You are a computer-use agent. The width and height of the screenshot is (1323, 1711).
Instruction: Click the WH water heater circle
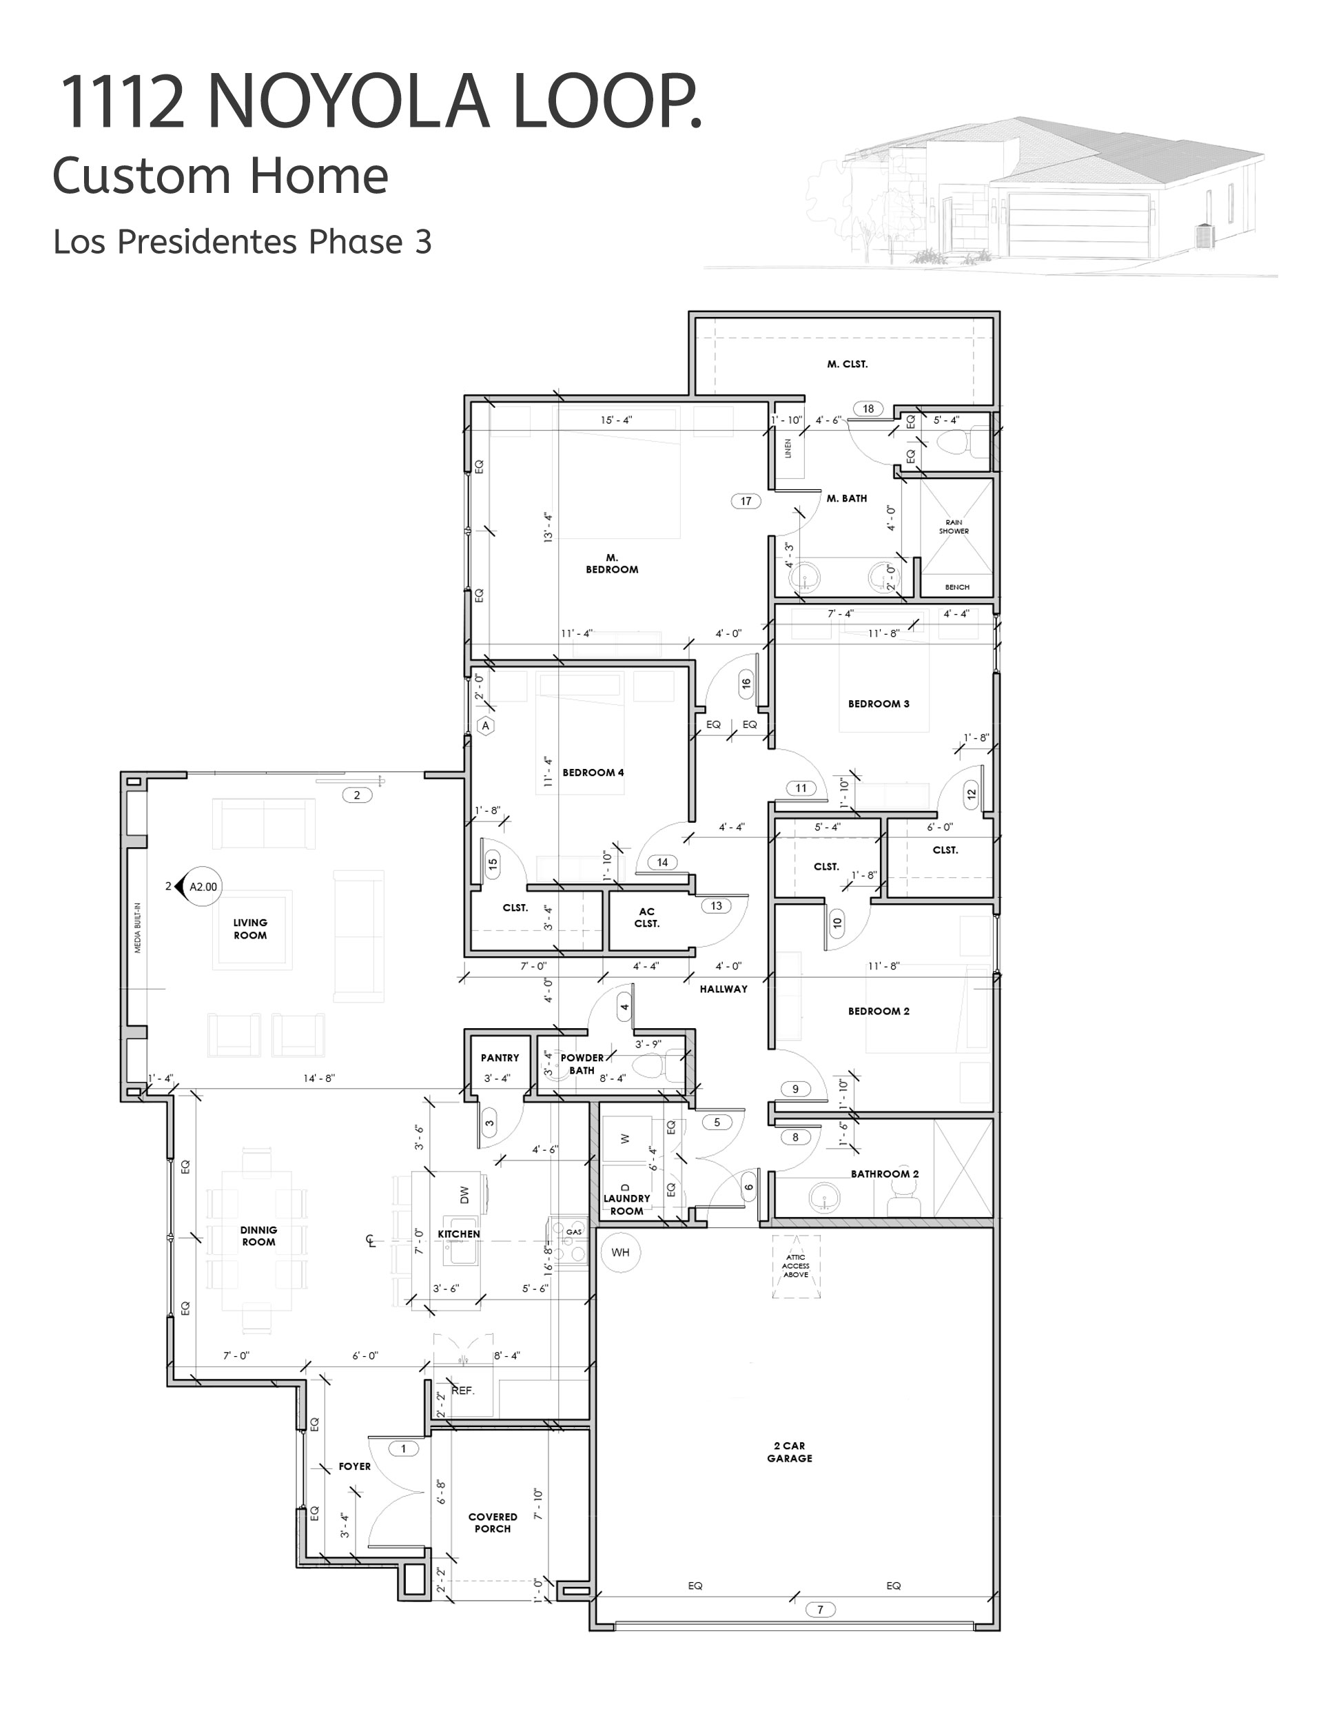[620, 1252]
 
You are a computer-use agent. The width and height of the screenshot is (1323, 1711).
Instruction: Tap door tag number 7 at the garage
[820, 1609]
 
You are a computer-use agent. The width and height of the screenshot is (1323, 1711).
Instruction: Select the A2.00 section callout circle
[203, 887]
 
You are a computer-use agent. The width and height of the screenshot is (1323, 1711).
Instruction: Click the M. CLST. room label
[847, 365]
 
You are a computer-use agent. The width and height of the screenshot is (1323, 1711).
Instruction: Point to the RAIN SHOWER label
[954, 526]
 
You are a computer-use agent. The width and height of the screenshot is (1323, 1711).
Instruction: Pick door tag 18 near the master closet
[868, 408]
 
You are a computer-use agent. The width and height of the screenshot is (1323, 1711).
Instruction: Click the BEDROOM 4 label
[593, 772]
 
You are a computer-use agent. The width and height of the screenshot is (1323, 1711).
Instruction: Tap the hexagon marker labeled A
[486, 726]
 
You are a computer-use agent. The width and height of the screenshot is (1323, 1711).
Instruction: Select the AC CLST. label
[646, 917]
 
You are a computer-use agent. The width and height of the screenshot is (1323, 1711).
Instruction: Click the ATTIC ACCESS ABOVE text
[795, 1265]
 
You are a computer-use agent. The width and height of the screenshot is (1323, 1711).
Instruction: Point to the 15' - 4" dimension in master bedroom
[617, 420]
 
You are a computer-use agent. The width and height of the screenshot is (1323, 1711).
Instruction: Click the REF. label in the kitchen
[463, 1391]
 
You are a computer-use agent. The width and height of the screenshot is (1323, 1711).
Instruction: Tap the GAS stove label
[574, 1231]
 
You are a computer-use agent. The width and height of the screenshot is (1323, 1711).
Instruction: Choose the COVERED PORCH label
[493, 1522]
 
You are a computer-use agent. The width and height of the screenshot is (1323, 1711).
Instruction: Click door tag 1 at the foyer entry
[403, 1448]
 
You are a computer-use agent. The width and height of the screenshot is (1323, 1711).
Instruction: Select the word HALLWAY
[724, 989]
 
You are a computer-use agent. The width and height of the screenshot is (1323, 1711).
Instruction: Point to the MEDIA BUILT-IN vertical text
[138, 928]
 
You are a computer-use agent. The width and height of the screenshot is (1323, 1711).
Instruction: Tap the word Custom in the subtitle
[133, 176]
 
